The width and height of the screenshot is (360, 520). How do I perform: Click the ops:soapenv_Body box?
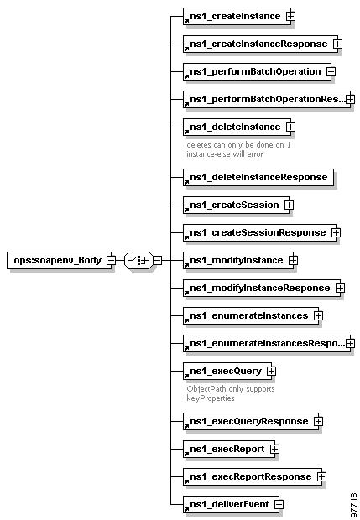tap(59, 260)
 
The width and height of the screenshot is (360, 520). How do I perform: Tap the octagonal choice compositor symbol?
tap(139, 260)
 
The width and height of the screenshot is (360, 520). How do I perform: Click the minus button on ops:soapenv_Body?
tap(111, 260)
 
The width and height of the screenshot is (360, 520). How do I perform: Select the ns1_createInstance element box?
tap(237, 16)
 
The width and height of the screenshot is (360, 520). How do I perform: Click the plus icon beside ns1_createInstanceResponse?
tap(338, 44)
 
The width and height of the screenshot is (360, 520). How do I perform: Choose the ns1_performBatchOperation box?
tap(257, 71)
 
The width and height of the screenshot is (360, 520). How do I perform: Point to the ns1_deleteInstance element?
tap(237, 127)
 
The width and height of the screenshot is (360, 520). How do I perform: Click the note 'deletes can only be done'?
tap(238, 149)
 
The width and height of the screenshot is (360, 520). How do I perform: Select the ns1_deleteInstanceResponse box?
tap(258, 177)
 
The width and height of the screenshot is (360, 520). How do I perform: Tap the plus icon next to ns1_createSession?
tap(289, 205)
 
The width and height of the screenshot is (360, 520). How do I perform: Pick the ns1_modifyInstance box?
tap(238, 260)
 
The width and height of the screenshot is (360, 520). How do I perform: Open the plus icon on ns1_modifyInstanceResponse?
tap(340, 288)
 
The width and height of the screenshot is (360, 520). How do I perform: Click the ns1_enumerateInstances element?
tap(251, 315)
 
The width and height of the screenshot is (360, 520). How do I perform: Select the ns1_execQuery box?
tap(227, 371)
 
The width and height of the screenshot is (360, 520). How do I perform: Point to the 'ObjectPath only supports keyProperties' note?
tap(231, 393)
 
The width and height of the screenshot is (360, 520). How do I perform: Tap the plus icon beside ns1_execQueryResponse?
tap(318, 421)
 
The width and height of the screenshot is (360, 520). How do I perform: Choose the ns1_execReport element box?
tap(229, 449)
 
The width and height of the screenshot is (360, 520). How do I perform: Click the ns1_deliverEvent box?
tap(231, 504)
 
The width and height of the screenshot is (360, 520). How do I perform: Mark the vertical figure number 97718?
tap(353, 506)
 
